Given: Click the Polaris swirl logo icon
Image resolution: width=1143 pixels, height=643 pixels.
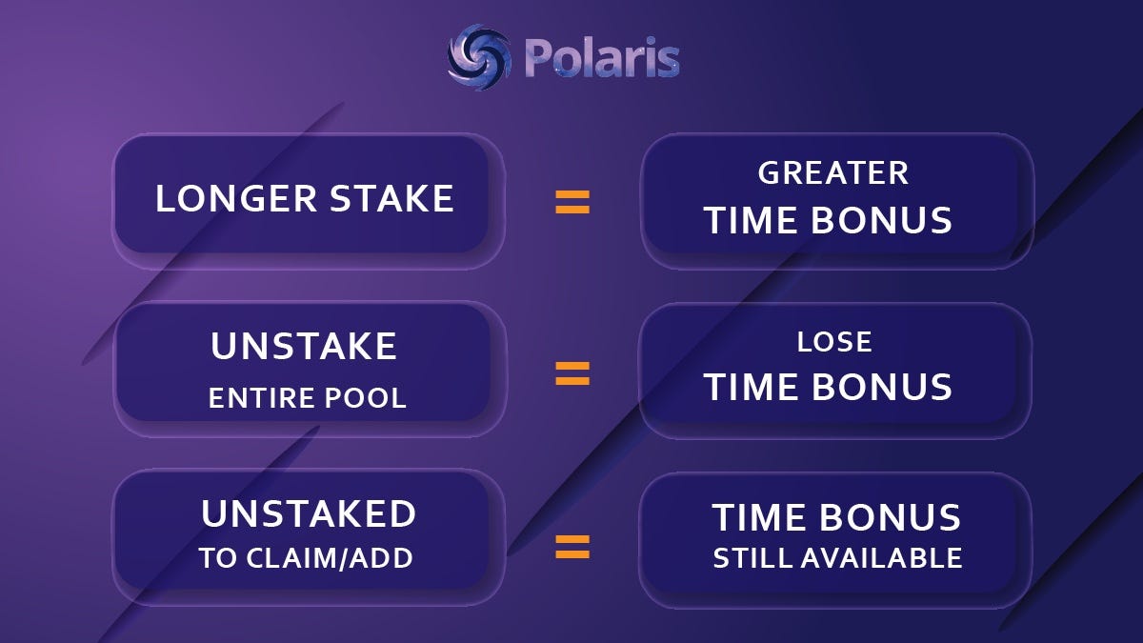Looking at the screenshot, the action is tap(478, 57).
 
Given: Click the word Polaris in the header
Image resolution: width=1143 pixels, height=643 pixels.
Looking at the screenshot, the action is tap(602, 58).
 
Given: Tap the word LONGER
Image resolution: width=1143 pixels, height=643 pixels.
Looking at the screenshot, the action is tap(236, 198).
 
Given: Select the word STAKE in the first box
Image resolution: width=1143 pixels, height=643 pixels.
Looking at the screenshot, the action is tap(391, 198).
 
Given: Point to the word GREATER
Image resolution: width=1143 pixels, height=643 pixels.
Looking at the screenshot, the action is tap(833, 173).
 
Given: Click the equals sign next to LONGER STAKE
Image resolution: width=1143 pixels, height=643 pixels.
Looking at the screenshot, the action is tap(572, 202).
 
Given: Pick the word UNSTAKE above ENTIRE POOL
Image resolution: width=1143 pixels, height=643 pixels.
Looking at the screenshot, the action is tap(304, 346).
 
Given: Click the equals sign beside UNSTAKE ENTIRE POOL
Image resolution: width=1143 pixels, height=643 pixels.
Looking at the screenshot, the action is tap(572, 373).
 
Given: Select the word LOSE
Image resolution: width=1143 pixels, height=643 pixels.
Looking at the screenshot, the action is tap(834, 342).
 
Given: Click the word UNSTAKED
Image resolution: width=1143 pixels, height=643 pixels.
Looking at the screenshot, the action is tap(309, 513).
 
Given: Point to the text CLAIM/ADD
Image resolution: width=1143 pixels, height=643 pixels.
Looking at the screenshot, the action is tap(330, 558).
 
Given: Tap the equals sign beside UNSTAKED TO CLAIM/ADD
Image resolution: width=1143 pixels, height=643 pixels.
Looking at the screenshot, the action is tap(572, 547).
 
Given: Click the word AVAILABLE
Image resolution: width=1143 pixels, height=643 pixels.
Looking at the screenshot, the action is tap(882, 558).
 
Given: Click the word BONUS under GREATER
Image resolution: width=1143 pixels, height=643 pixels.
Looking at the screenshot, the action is tap(881, 220).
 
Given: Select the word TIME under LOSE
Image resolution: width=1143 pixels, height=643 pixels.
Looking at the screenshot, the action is tap(751, 387).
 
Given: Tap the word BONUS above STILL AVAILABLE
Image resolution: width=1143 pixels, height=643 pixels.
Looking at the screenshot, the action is tap(891, 517).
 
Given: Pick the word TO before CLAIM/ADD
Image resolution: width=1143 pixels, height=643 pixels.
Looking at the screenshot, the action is tap(218, 558).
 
